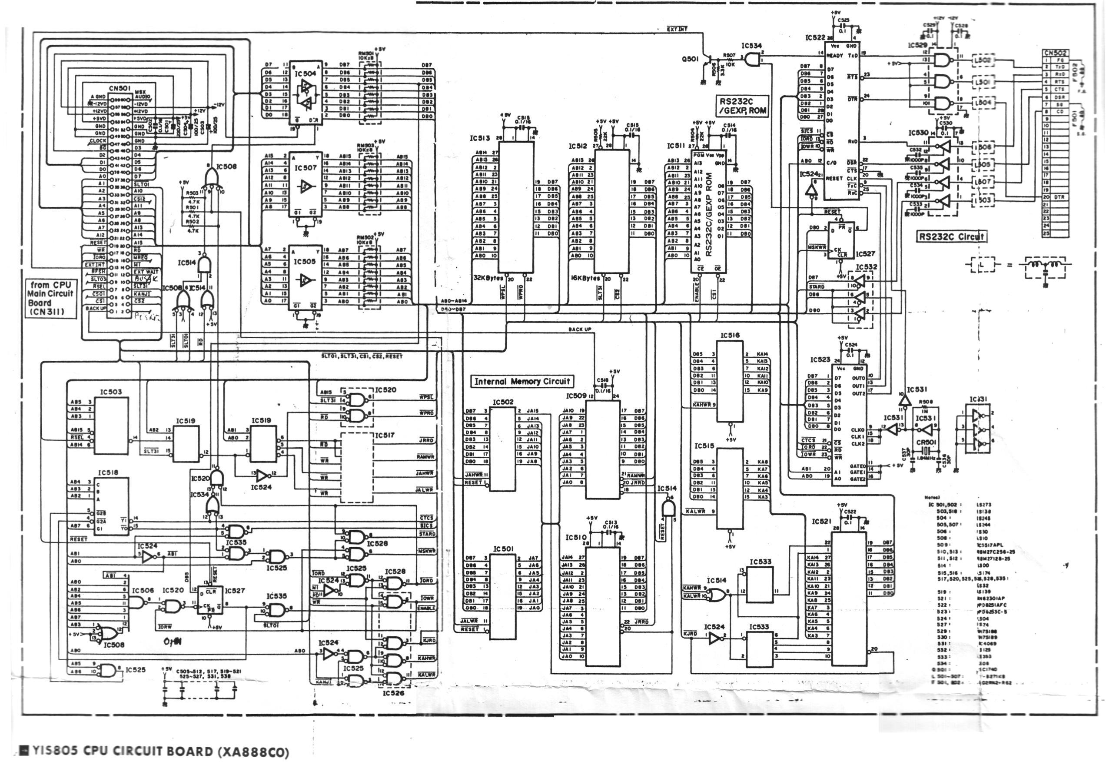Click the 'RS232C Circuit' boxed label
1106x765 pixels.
[x=951, y=236]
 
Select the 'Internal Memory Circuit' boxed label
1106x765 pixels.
[x=522, y=382]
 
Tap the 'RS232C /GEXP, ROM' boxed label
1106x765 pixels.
[x=742, y=106]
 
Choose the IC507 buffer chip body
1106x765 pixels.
[x=305, y=185]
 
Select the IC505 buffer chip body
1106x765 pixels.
[x=305, y=278]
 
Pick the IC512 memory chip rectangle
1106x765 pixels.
[x=612, y=211]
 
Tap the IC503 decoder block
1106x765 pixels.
[x=111, y=426]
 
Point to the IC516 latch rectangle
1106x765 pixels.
[x=730, y=381]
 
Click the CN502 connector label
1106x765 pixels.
[x=1055, y=53]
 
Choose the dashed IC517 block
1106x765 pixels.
[x=356, y=467]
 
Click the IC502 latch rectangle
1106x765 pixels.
[x=503, y=448]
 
